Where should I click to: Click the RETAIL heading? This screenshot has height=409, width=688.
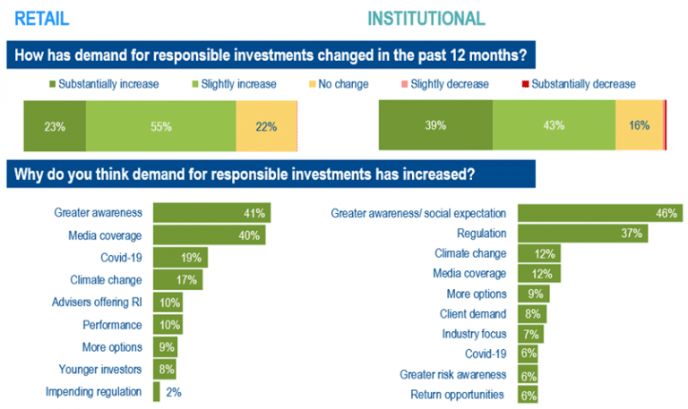(42, 19)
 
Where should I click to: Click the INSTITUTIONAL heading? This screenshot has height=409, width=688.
(426, 19)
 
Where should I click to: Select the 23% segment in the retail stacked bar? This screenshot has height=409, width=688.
(55, 126)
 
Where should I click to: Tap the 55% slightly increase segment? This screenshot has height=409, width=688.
(161, 126)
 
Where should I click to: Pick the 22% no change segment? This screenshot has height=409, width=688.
(266, 126)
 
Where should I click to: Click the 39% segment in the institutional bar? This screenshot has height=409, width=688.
(435, 126)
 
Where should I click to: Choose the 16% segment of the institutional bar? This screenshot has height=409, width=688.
(639, 126)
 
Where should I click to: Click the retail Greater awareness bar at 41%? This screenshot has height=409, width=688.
(211, 213)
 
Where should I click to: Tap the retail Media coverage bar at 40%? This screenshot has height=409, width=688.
(211, 235)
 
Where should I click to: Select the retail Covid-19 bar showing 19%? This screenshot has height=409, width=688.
(180, 258)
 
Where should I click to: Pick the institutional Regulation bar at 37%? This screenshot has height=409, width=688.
(582, 234)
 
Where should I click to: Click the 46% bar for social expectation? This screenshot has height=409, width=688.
(599, 213)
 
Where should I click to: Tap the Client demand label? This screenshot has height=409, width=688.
(474, 314)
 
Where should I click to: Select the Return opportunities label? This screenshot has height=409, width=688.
(460, 394)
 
